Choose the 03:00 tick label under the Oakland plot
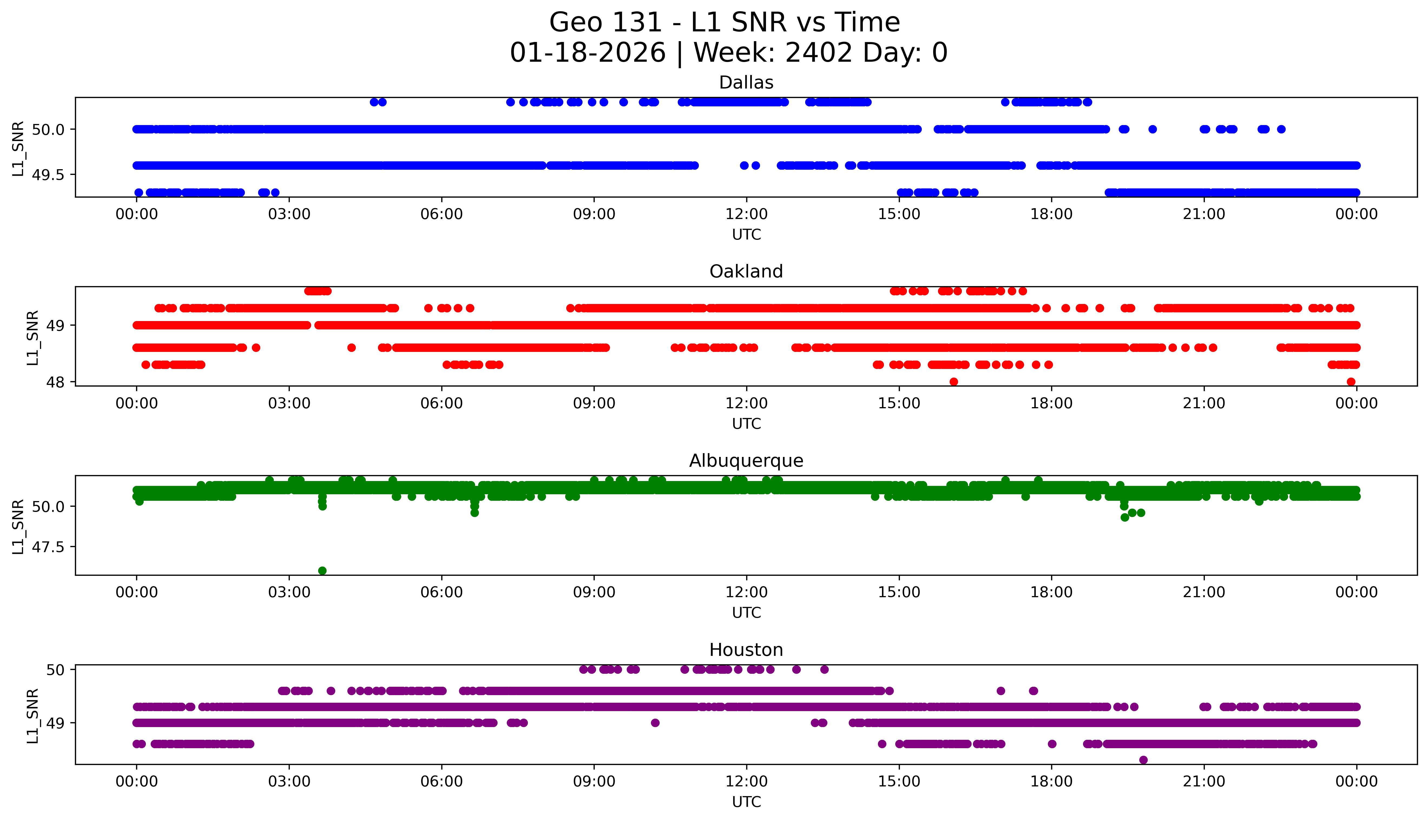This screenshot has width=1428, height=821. (289, 403)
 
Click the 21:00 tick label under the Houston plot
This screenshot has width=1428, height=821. (1204, 781)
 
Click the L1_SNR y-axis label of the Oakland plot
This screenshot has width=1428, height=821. (33, 337)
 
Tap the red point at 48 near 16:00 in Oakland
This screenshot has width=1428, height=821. (953, 382)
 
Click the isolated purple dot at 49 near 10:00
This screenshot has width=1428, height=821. (655, 723)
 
